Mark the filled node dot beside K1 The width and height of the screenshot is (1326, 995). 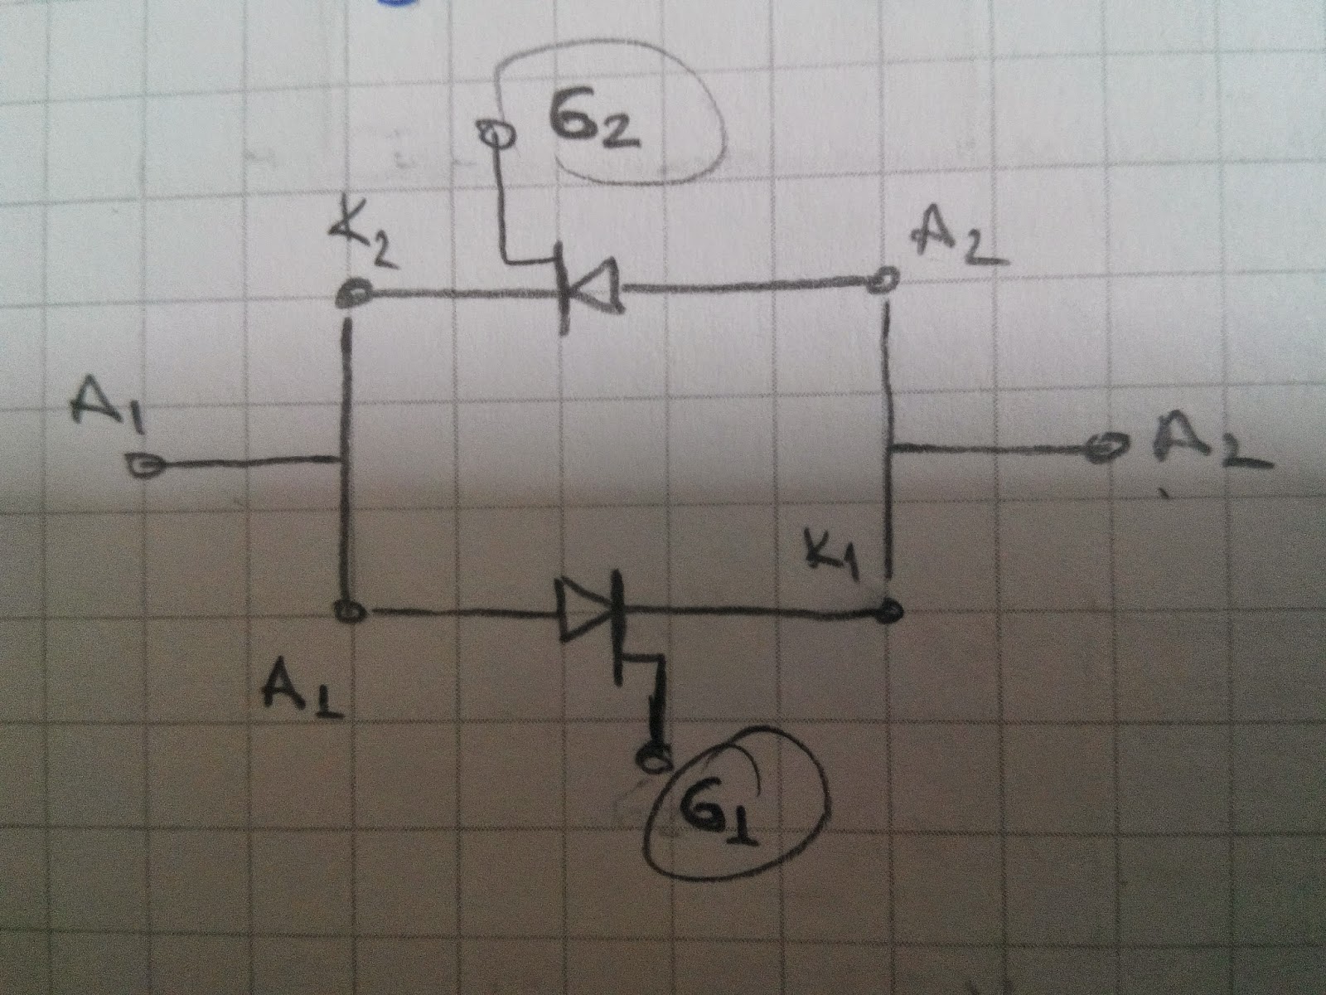[888, 613]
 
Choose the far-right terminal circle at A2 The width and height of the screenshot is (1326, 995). [1103, 449]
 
